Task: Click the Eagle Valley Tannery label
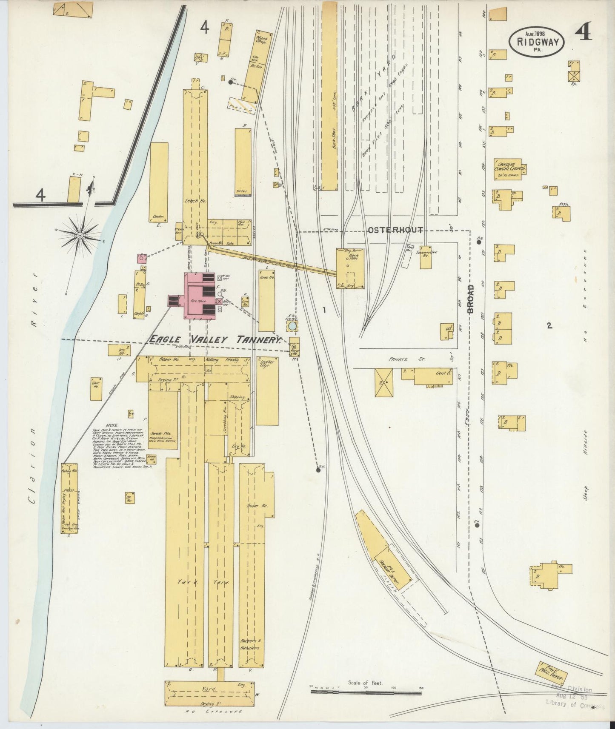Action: click(215, 339)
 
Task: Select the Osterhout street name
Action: click(395, 230)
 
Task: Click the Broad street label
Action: click(470, 299)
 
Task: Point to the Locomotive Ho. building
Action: click(426, 256)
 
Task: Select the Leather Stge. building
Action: click(267, 391)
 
